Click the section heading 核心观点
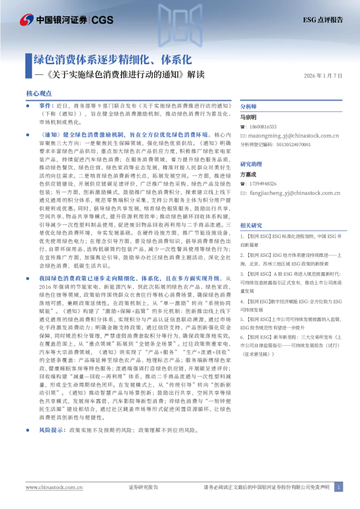click(37, 94)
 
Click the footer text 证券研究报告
click(143, 487)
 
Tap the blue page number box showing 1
click(338, 487)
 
